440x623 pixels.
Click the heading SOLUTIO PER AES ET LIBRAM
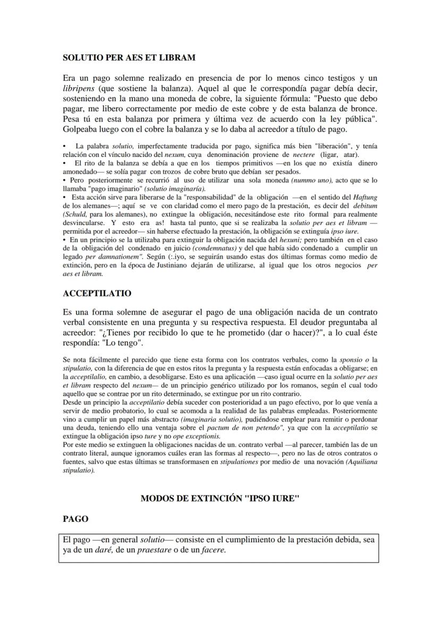[x=129, y=56]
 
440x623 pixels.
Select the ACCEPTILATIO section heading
[x=97, y=293]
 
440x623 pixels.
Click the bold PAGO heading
[x=75, y=518]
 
